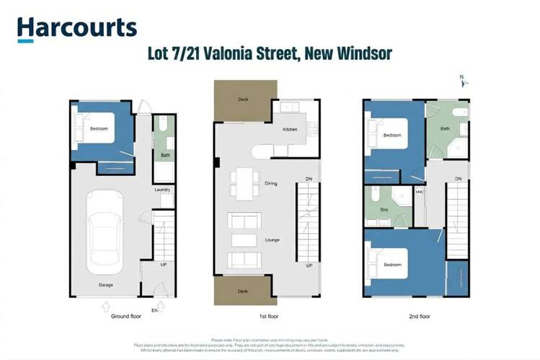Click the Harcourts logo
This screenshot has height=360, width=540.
(x=76, y=28)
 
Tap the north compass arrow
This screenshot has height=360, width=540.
(x=464, y=82)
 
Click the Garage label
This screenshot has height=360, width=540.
(x=106, y=285)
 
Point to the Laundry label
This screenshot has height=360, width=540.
(x=162, y=190)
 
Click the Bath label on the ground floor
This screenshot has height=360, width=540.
(x=165, y=155)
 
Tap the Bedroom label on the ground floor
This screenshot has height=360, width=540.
(x=99, y=129)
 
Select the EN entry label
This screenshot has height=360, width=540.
(x=154, y=310)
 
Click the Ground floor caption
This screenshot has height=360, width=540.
(x=126, y=317)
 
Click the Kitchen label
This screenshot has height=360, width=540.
(x=289, y=130)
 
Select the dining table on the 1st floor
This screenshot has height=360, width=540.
(x=245, y=183)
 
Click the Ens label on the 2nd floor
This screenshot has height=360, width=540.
(x=384, y=210)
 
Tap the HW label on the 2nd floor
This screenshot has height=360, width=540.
(x=419, y=192)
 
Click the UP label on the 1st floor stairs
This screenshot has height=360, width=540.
(x=309, y=265)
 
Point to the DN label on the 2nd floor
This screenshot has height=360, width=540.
(x=458, y=179)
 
